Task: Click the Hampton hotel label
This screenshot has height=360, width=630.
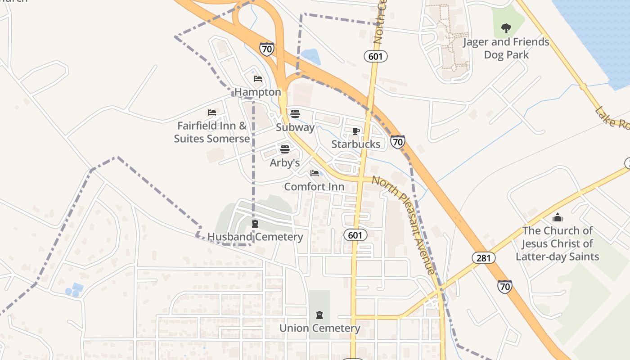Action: (x=258, y=92)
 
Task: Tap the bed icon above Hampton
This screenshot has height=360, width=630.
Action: (x=257, y=79)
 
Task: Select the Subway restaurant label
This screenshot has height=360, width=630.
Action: (x=295, y=127)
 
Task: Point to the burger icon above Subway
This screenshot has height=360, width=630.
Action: (x=295, y=113)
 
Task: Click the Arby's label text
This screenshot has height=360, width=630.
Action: (x=285, y=163)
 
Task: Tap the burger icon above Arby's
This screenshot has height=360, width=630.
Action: (x=285, y=149)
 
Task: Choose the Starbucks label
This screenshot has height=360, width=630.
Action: (x=356, y=144)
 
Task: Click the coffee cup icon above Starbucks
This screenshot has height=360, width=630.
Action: (x=356, y=131)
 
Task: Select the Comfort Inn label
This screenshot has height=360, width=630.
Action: (x=315, y=187)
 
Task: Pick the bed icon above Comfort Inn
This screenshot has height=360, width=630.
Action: (x=315, y=173)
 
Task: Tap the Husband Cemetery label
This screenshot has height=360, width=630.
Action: (x=255, y=237)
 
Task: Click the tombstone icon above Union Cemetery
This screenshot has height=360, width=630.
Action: (x=319, y=315)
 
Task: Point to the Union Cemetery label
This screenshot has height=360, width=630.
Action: (x=319, y=328)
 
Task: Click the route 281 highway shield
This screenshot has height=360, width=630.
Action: (x=484, y=258)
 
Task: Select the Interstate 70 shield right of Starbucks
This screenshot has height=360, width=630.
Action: (x=397, y=142)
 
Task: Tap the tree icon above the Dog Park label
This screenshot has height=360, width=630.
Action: (x=506, y=28)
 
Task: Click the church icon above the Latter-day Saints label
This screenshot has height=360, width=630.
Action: (x=558, y=218)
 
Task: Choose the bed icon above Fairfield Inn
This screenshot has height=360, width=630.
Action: (x=212, y=112)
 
